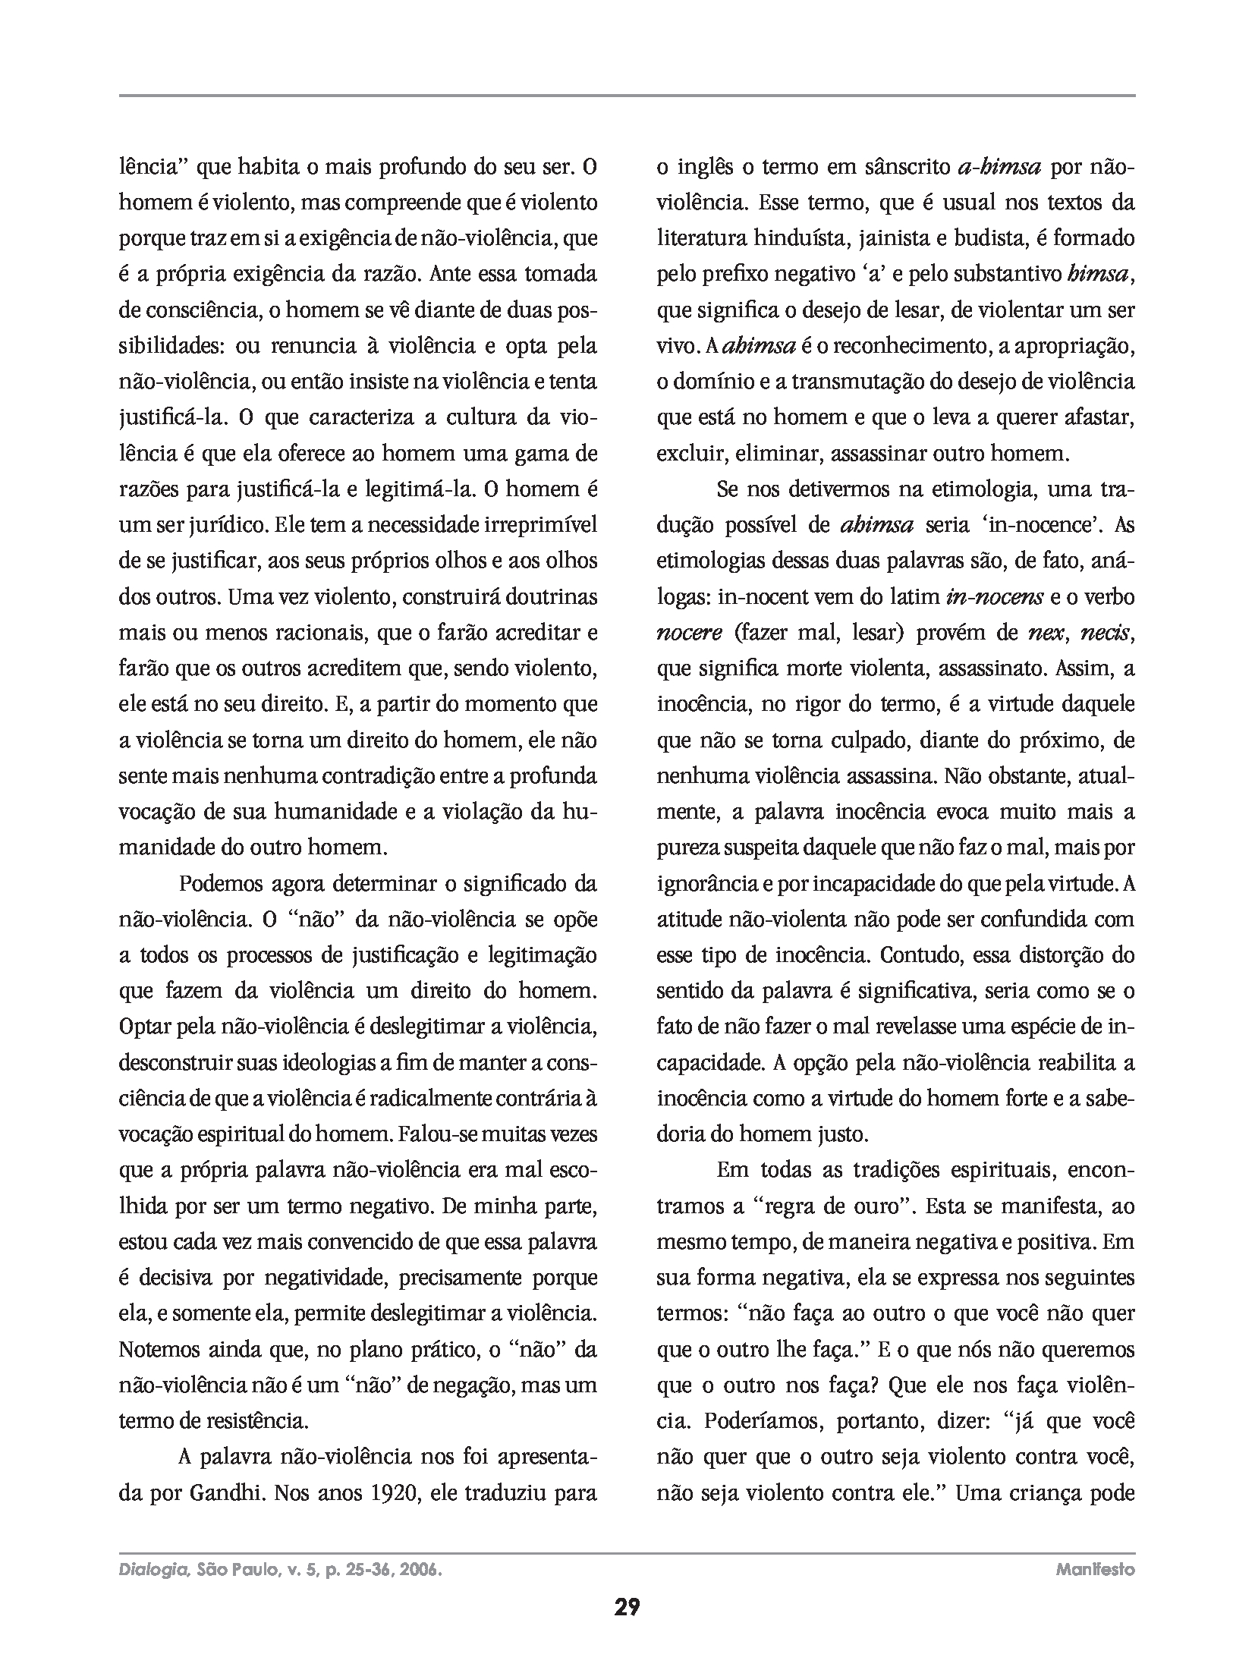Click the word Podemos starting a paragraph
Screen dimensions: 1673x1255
(221, 884)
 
